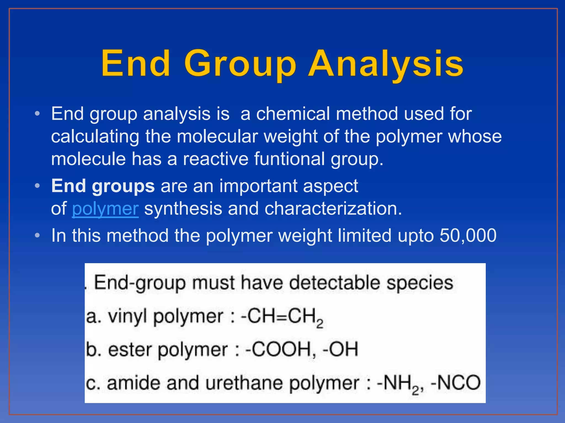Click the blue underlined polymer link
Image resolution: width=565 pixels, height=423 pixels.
(x=105, y=209)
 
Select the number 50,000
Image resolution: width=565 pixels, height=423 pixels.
(x=468, y=236)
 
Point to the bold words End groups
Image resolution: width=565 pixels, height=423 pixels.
(x=103, y=186)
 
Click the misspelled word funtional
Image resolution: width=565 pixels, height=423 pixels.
(x=289, y=159)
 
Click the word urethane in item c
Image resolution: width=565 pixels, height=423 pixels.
(x=244, y=383)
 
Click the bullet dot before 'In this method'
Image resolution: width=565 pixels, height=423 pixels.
(x=38, y=236)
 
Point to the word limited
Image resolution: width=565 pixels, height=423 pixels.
(x=364, y=236)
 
